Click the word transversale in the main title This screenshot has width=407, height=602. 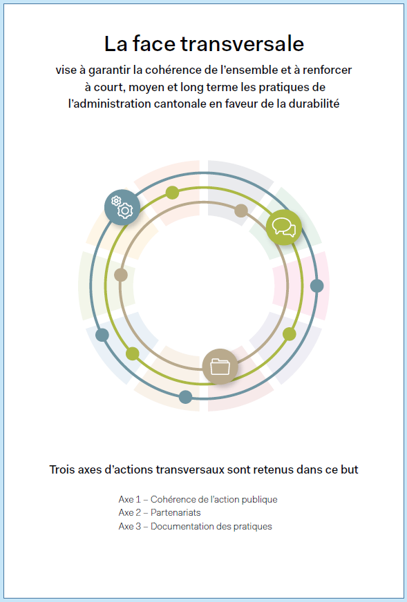tap(243, 43)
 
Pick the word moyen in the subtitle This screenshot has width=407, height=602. tap(144, 88)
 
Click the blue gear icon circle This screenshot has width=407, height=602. tap(122, 207)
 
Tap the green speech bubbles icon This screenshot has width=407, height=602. tap(283, 227)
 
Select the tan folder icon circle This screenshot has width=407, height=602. tap(220, 367)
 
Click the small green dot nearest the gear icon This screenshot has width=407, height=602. tap(172, 193)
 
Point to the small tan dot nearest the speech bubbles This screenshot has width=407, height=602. tap(241, 211)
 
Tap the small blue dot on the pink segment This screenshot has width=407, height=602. tap(316, 286)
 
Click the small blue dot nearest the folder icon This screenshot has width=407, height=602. tap(186, 397)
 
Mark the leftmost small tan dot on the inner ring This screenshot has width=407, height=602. tap(121, 275)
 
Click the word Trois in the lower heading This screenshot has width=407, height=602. tap(62, 469)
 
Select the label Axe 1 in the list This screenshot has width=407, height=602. tap(129, 500)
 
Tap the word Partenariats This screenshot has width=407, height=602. tap(176, 512)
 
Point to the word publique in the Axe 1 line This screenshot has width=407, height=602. tap(261, 500)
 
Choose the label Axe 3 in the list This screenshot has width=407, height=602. tap(130, 526)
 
